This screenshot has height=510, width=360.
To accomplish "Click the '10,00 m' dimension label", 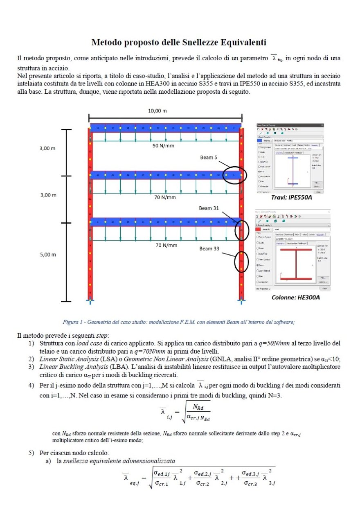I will pyautogui.click(x=157, y=111).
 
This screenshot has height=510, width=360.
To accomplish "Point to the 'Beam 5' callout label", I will pyautogui.click(x=209, y=158).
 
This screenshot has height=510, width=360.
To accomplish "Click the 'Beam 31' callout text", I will pyautogui.click(x=209, y=208).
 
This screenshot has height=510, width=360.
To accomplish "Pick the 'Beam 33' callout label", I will pyautogui.click(x=209, y=248).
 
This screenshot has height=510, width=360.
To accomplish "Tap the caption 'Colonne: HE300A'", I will pyautogui.click(x=296, y=297).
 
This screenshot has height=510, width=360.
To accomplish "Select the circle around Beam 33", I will pyautogui.click(x=241, y=260).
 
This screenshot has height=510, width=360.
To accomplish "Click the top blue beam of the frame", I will pyautogui.click(x=166, y=128).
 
